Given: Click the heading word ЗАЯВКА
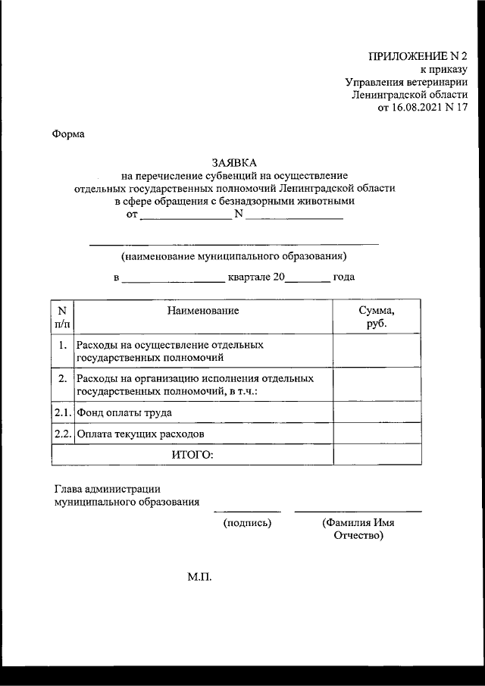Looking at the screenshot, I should pyautogui.click(x=234, y=162).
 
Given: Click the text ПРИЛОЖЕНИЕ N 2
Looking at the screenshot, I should pyautogui.click(x=418, y=56).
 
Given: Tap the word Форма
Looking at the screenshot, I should pyautogui.click(x=69, y=134).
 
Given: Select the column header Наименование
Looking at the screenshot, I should pyautogui.click(x=203, y=311).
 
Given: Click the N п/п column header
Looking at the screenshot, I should pyautogui.click(x=62, y=317).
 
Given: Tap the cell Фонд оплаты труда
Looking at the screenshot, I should pyautogui.click(x=124, y=413).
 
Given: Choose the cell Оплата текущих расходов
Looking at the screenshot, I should pyautogui.click(x=140, y=434).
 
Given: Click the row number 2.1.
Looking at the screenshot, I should pyautogui.click(x=62, y=413).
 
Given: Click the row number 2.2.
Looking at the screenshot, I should pyautogui.click(x=62, y=434).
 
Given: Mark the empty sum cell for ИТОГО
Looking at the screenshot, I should pyautogui.click(x=377, y=454).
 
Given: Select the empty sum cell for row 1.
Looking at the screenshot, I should pyautogui.click(x=377, y=351).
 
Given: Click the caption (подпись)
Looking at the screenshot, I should pyautogui.click(x=247, y=523).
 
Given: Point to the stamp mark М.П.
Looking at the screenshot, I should pyautogui.click(x=200, y=578).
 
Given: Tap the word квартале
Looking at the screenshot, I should pyautogui.click(x=250, y=277).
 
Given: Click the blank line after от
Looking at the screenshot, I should pyautogui.click(x=186, y=218).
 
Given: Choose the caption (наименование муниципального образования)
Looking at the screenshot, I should pyautogui.click(x=234, y=256).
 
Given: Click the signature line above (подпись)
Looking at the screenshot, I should pyautogui.click(x=247, y=512).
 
